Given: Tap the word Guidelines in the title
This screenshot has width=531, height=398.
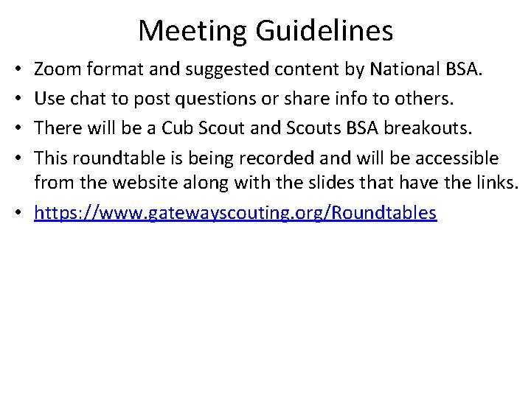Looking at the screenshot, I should (x=324, y=31).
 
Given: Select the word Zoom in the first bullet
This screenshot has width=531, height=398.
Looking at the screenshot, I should (x=58, y=70).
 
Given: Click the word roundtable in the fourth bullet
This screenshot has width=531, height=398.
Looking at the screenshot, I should (x=111, y=158).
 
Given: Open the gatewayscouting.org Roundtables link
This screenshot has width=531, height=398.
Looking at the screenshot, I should (x=235, y=213).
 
